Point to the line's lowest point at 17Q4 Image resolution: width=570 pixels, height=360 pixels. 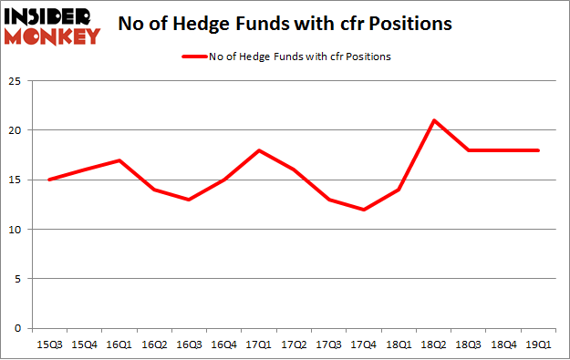point(364,210)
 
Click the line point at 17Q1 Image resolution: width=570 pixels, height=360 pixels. point(259,150)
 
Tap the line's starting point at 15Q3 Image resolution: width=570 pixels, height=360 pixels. point(50,180)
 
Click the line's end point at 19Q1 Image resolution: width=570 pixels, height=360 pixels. point(538,150)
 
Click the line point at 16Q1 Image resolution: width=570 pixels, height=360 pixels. point(119,160)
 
